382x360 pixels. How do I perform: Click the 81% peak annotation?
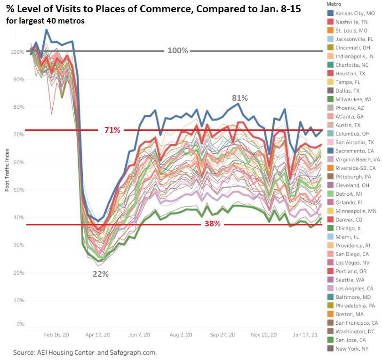click(239, 98)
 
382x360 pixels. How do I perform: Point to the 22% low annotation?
click(101, 274)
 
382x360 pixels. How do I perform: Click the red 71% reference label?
click(112, 130)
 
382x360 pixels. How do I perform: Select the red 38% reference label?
click(212, 224)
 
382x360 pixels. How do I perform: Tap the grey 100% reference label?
click(177, 50)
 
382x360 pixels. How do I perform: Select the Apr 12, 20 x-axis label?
click(98, 335)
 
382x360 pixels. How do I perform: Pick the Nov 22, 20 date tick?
click(261, 335)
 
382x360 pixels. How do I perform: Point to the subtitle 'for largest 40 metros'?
click(45, 21)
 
